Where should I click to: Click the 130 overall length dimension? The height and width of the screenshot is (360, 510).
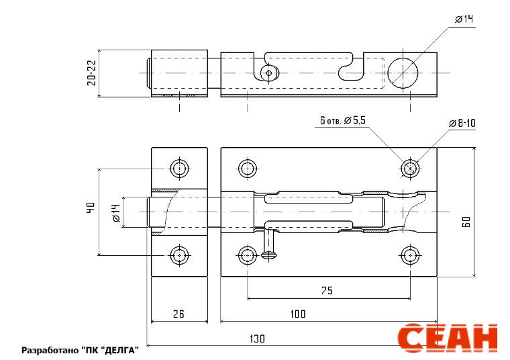pyautogui.click(x=257, y=339)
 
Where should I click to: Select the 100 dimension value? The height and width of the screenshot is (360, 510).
pyautogui.click(x=298, y=314)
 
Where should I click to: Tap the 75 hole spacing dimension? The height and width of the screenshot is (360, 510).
pyautogui.click(x=327, y=290)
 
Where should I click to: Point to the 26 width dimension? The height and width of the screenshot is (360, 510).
pyautogui.click(x=178, y=314)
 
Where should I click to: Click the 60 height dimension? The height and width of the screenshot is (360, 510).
pyautogui.click(x=467, y=222)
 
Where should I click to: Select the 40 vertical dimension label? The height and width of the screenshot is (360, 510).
pyautogui.click(x=91, y=208)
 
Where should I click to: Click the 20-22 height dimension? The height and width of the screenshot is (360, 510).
pyautogui.click(x=92, y=73)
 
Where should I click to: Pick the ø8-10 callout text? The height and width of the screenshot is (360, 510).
pyautogui.click(x=462, y=123)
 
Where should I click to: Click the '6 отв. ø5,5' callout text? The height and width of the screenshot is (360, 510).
pyautogui.click(x=343, y=120)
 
